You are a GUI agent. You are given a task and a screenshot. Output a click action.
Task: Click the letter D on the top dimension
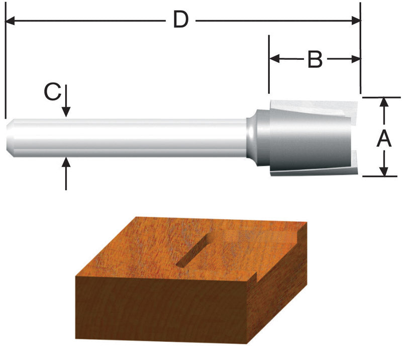(180, 20)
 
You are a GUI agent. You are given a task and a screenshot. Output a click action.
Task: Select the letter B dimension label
(315, 59)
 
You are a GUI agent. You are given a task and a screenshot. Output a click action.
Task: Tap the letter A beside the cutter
(384, 137)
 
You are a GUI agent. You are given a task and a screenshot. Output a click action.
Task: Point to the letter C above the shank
(53, 92)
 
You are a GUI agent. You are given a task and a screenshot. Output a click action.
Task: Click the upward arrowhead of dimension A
(384, 102)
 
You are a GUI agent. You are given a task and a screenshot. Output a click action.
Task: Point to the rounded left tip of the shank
(10, 137)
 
